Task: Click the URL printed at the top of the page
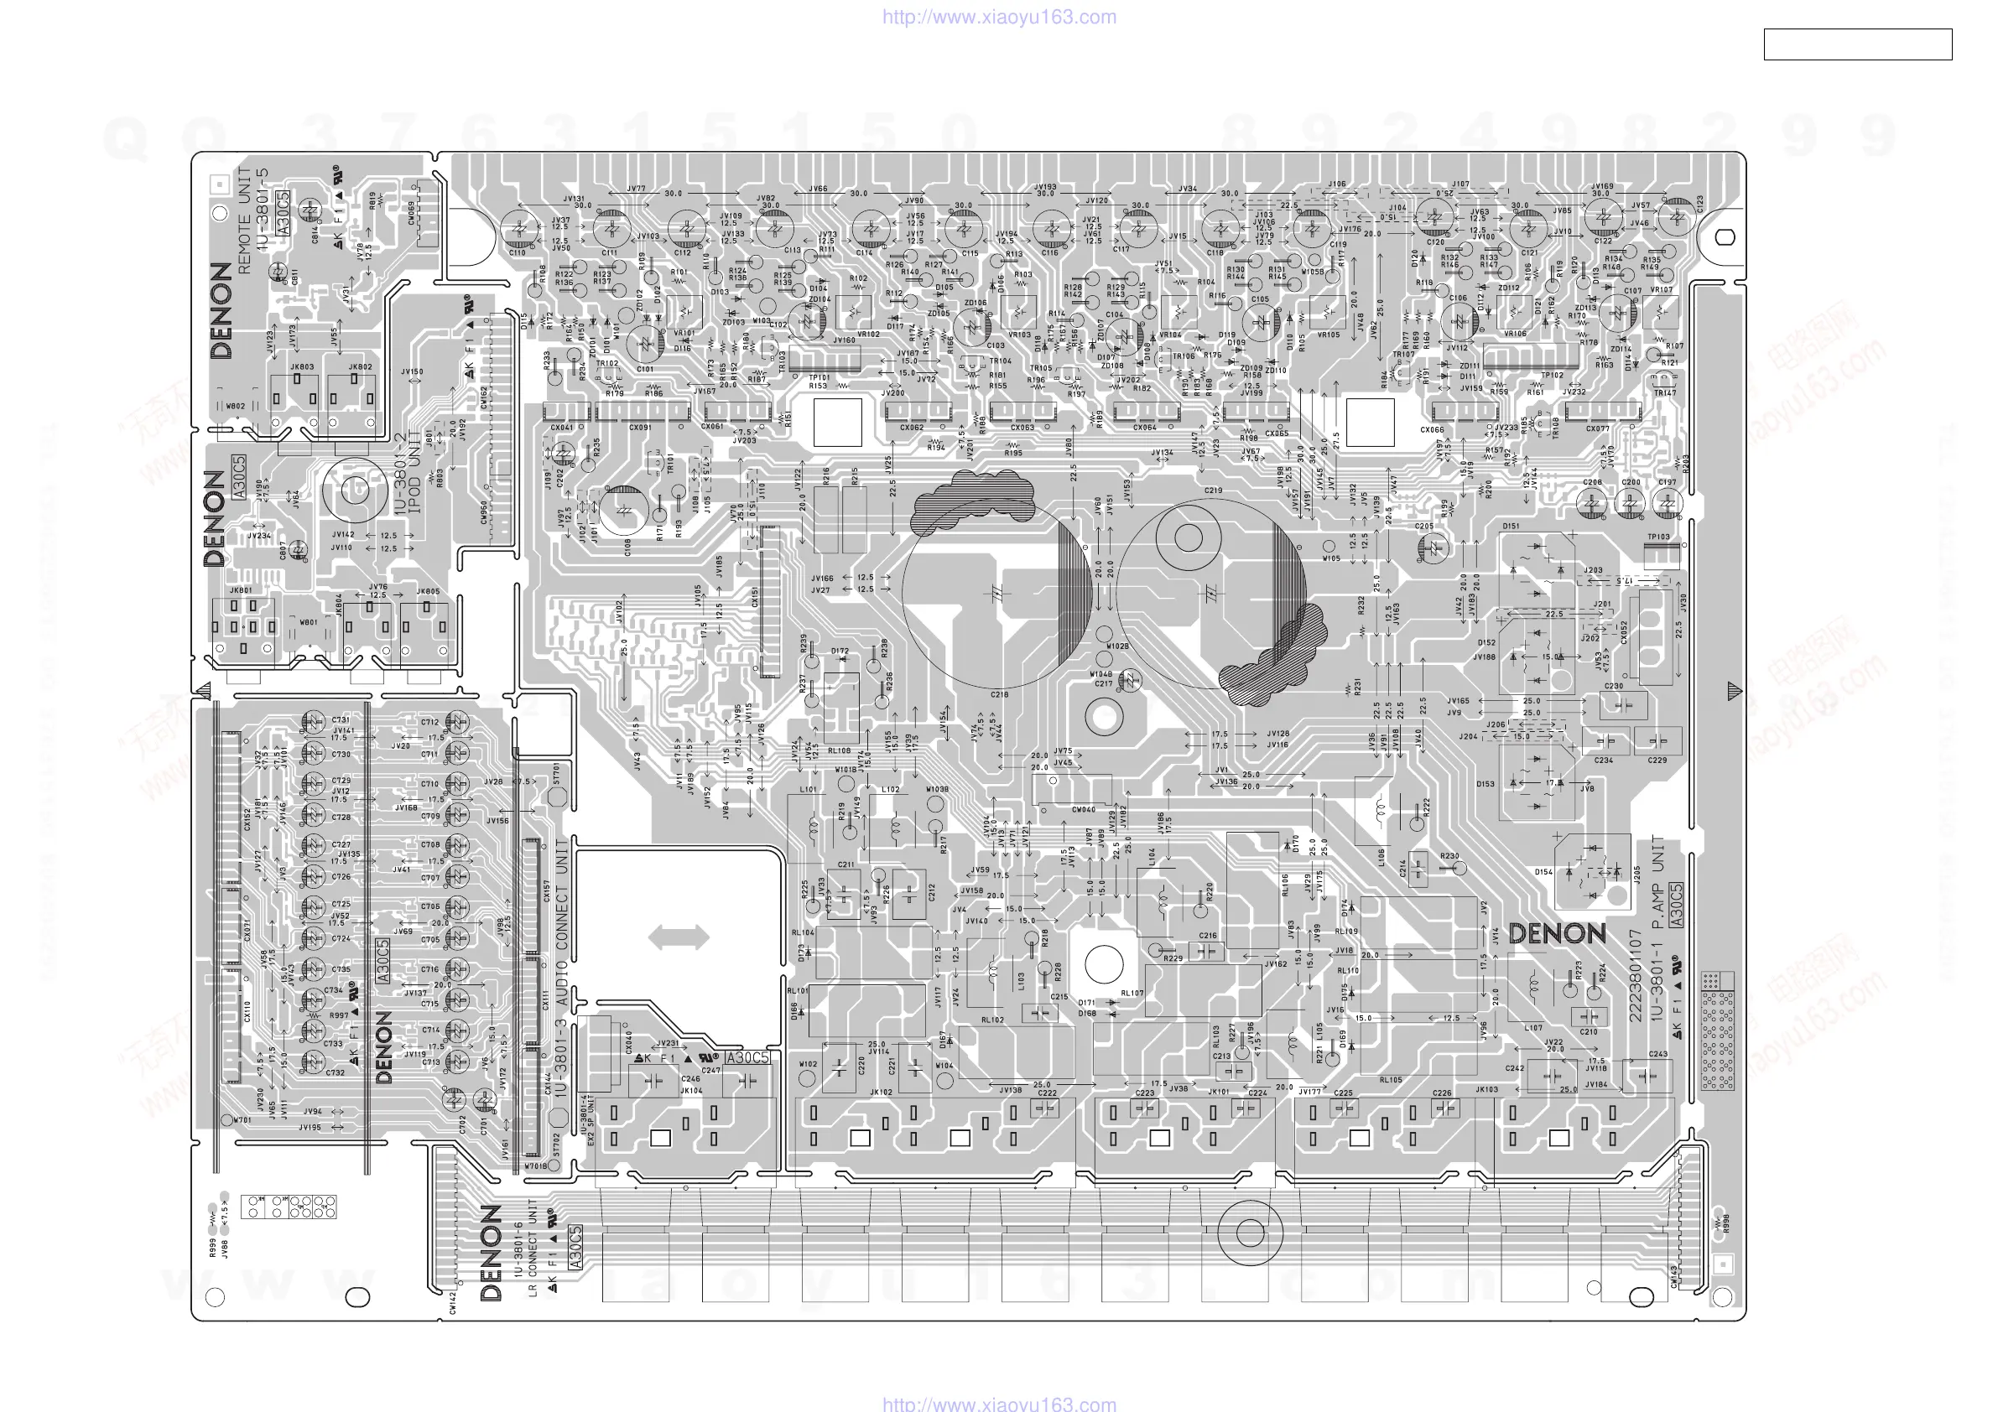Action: pos(999,17)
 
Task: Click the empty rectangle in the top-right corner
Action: pos(1857,44)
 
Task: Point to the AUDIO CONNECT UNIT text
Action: pos(561,921)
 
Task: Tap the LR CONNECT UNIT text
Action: pos(533,1248)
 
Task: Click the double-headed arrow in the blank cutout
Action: pos(679,937)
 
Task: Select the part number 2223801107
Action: pos(1635,975)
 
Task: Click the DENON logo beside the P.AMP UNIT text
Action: pos(1557,934)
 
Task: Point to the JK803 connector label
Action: pos(302,367)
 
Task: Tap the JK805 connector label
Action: pos(427,592)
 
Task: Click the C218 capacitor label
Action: pos(999,694)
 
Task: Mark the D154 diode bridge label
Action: pos(1543,872)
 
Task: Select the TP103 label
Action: pos(1658,537)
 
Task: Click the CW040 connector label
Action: pos(1083,810)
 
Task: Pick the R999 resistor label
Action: pos(213,1248)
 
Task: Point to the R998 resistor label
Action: pos(1726,1223)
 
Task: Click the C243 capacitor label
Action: pos(1657,1054)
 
